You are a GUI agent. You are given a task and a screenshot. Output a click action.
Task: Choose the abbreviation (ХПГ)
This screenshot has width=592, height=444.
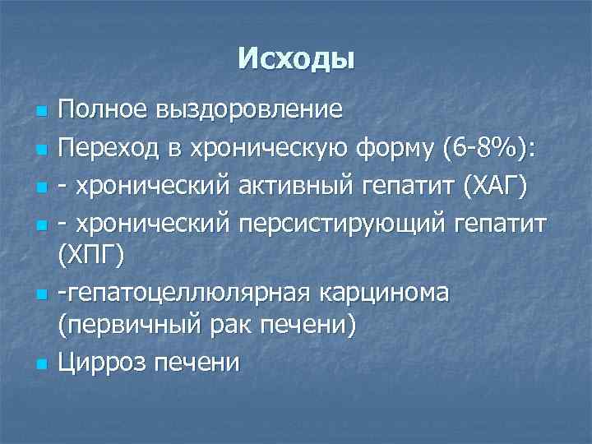tap(90, 258)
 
